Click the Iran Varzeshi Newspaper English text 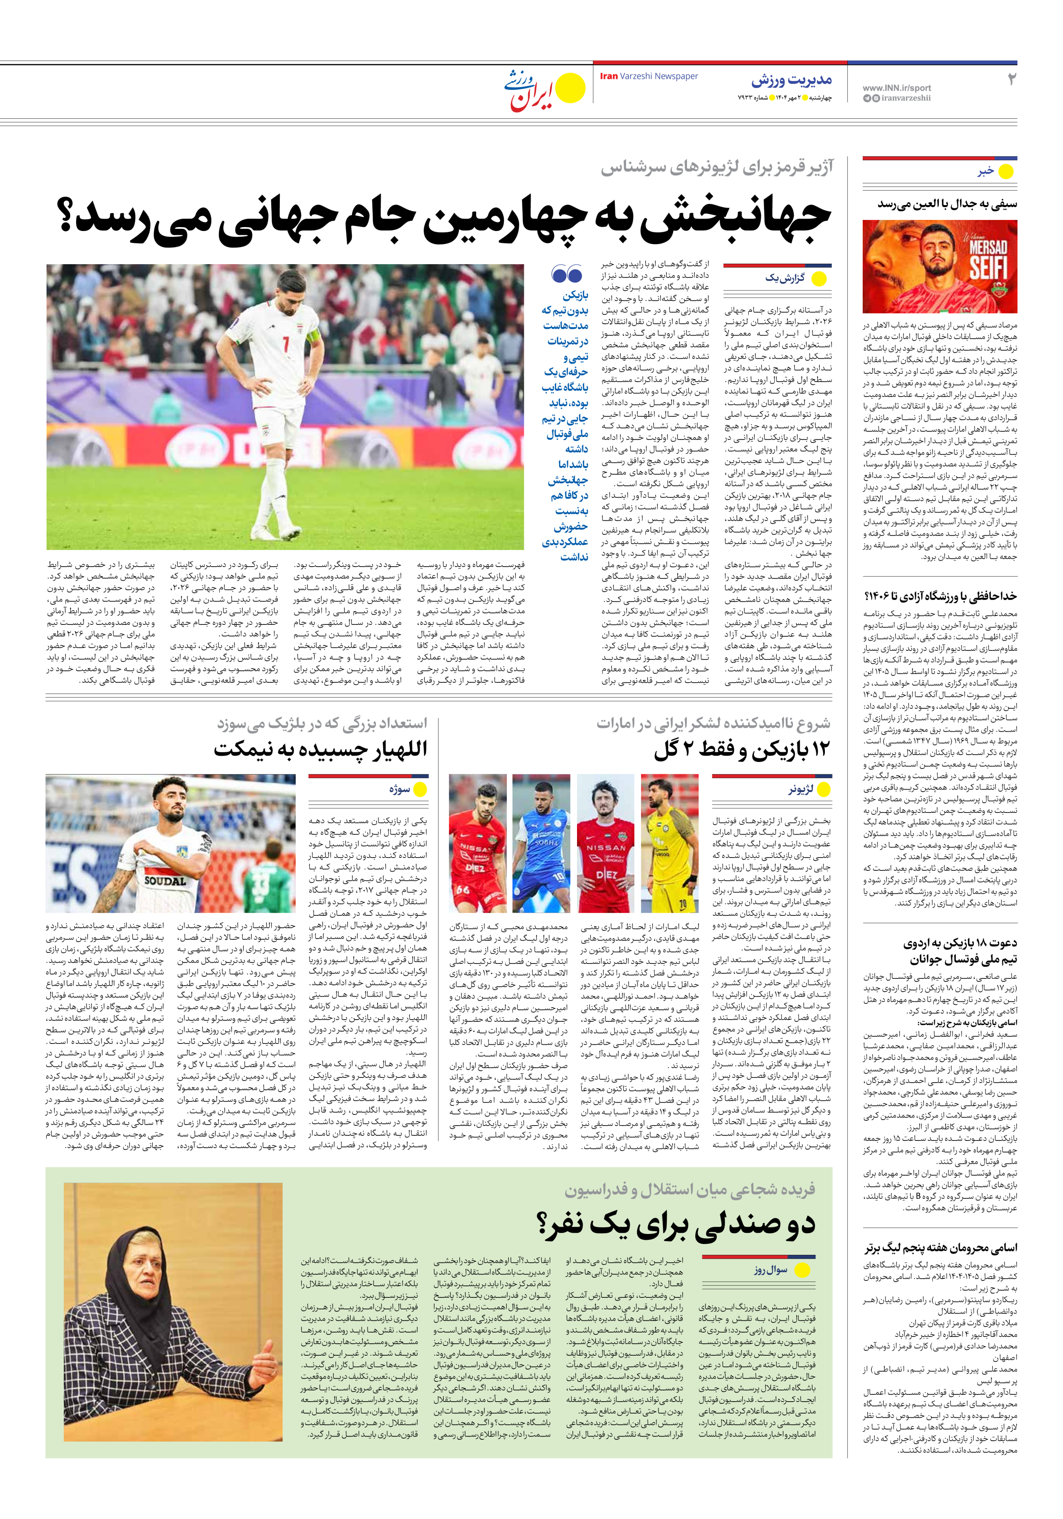click(x=648, y=76)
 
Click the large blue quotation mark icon click(x=567, y=273)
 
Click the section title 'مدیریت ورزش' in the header click(x=791, y=81)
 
